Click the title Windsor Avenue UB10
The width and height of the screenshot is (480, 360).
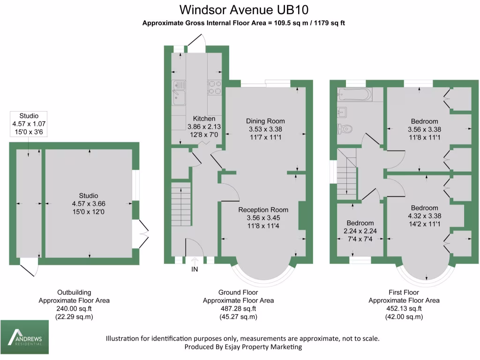(244, 10)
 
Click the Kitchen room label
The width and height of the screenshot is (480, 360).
(204, 119)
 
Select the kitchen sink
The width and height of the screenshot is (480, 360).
(179, 92)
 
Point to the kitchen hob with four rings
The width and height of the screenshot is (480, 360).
(215, 87)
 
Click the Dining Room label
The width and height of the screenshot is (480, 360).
(265, 121)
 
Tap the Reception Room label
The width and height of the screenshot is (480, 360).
(263, 210)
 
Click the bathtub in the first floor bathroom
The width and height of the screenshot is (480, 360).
(354, 94)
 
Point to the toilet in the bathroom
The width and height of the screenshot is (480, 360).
(345, 128)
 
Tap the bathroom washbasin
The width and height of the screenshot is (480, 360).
(342, 112)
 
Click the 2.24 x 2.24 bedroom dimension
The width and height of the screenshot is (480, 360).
(360, 231)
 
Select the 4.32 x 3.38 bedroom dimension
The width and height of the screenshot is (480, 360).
(425, 216)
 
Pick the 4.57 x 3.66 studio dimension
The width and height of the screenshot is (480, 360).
(89, 204)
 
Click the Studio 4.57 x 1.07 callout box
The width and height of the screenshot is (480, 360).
(29, 124)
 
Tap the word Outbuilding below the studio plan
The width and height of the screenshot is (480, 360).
(74, 292)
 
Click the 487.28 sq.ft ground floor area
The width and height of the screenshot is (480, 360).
(238, 309)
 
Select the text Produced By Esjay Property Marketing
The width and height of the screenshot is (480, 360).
(243, 347)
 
